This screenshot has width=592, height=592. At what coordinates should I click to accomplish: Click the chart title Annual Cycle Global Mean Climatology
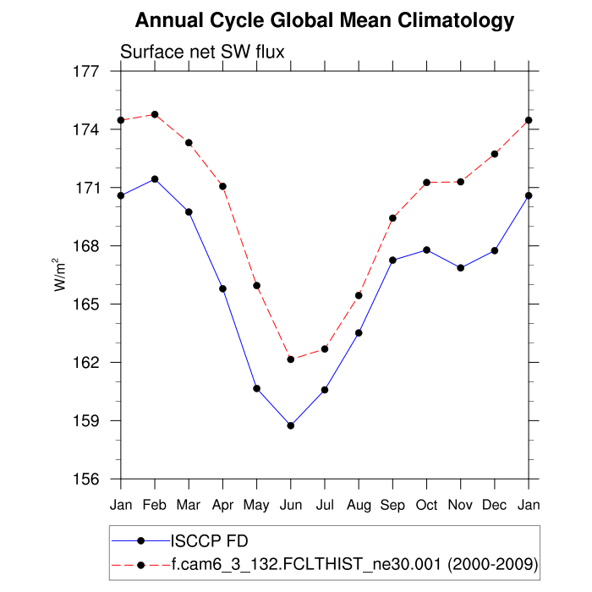point(324,20)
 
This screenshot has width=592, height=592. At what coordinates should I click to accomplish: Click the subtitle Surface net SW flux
point(202,52)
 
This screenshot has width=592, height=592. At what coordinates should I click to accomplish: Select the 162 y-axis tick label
point(88,363)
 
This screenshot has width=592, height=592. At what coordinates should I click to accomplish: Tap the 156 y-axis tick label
point(88,479)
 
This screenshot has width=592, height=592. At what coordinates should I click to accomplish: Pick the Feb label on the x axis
point(155,506)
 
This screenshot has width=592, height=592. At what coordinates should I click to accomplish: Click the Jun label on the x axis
point(291,506)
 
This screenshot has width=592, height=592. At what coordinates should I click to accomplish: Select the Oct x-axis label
point(427,506)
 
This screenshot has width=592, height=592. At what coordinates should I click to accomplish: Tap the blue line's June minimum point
point(291,425)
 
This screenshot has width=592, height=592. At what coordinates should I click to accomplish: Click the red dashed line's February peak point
point(155,114)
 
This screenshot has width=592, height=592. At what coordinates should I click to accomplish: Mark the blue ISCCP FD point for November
point(461,268)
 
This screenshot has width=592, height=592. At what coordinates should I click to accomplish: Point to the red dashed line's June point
point(291,359)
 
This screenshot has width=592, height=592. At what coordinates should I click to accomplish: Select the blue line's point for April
point(223,288)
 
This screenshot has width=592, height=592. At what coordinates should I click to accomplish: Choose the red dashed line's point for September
point(393,218)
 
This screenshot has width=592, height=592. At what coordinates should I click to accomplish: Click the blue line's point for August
point(359,332)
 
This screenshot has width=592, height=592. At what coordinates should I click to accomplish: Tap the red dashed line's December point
point(495,154)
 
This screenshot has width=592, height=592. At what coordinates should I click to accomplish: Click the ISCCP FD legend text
point(210,540)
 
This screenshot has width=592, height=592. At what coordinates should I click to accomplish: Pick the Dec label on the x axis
point(495,506)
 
